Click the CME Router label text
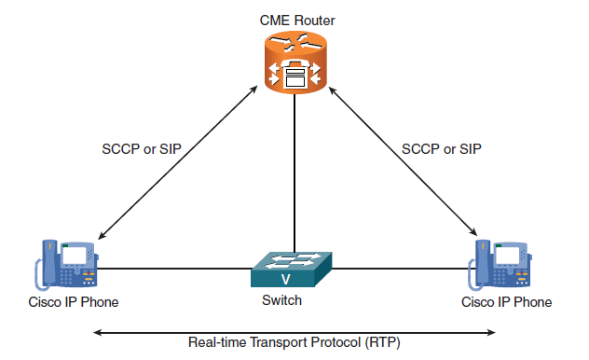tap(296, 21)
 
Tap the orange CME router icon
tap(295, 62)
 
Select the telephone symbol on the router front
tap(295, 74)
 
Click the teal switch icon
tap(292, 269)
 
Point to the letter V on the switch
tap(285, 279)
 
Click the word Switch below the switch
tap(281, 300)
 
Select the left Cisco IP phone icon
tap(66, 265)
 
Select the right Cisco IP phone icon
tap(500, 265)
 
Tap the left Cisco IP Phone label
tap(74, 302)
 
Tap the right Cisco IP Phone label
tap(506, 302)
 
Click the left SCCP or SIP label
tap(142, 149)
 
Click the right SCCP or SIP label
tap(442, 149)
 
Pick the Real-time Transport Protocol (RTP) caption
tap(294, 342)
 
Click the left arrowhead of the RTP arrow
tap(97, 332)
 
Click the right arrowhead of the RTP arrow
tap(491, 332)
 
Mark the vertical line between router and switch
tap(294, 173)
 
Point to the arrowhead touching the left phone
tap(102, 236)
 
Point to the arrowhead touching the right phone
tap(473, 232)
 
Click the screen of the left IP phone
tap(74, 256)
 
